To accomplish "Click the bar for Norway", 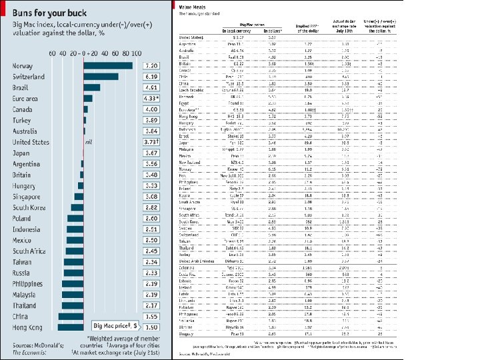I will pyautogui.click(x=107, y=65).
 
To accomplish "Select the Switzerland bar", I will pyautogui.click(x=101, y=77).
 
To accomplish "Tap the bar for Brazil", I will pyautogui.click(x=91, y=87).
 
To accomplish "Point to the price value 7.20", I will pyautogui.click(x=151, y=65).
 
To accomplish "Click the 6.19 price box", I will pyautogui.click(x=151, y=77).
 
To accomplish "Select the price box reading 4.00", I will pyautogui.click(x=151, y=109).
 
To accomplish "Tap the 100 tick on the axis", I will pyautogui.click(x=135, y=53).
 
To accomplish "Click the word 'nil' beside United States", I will pyautogui.click(x=88, y=142).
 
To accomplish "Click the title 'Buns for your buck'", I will pyautogui.click(x=50, y=10).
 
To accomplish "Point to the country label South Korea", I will pyautogui.click(x=30, y=207).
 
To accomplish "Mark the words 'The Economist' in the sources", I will pyautogui.click(x=29, y=353).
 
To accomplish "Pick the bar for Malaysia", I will pyautogui.click(x=73, y=295).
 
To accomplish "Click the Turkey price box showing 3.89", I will pyautogui.click(x=151, y=120).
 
